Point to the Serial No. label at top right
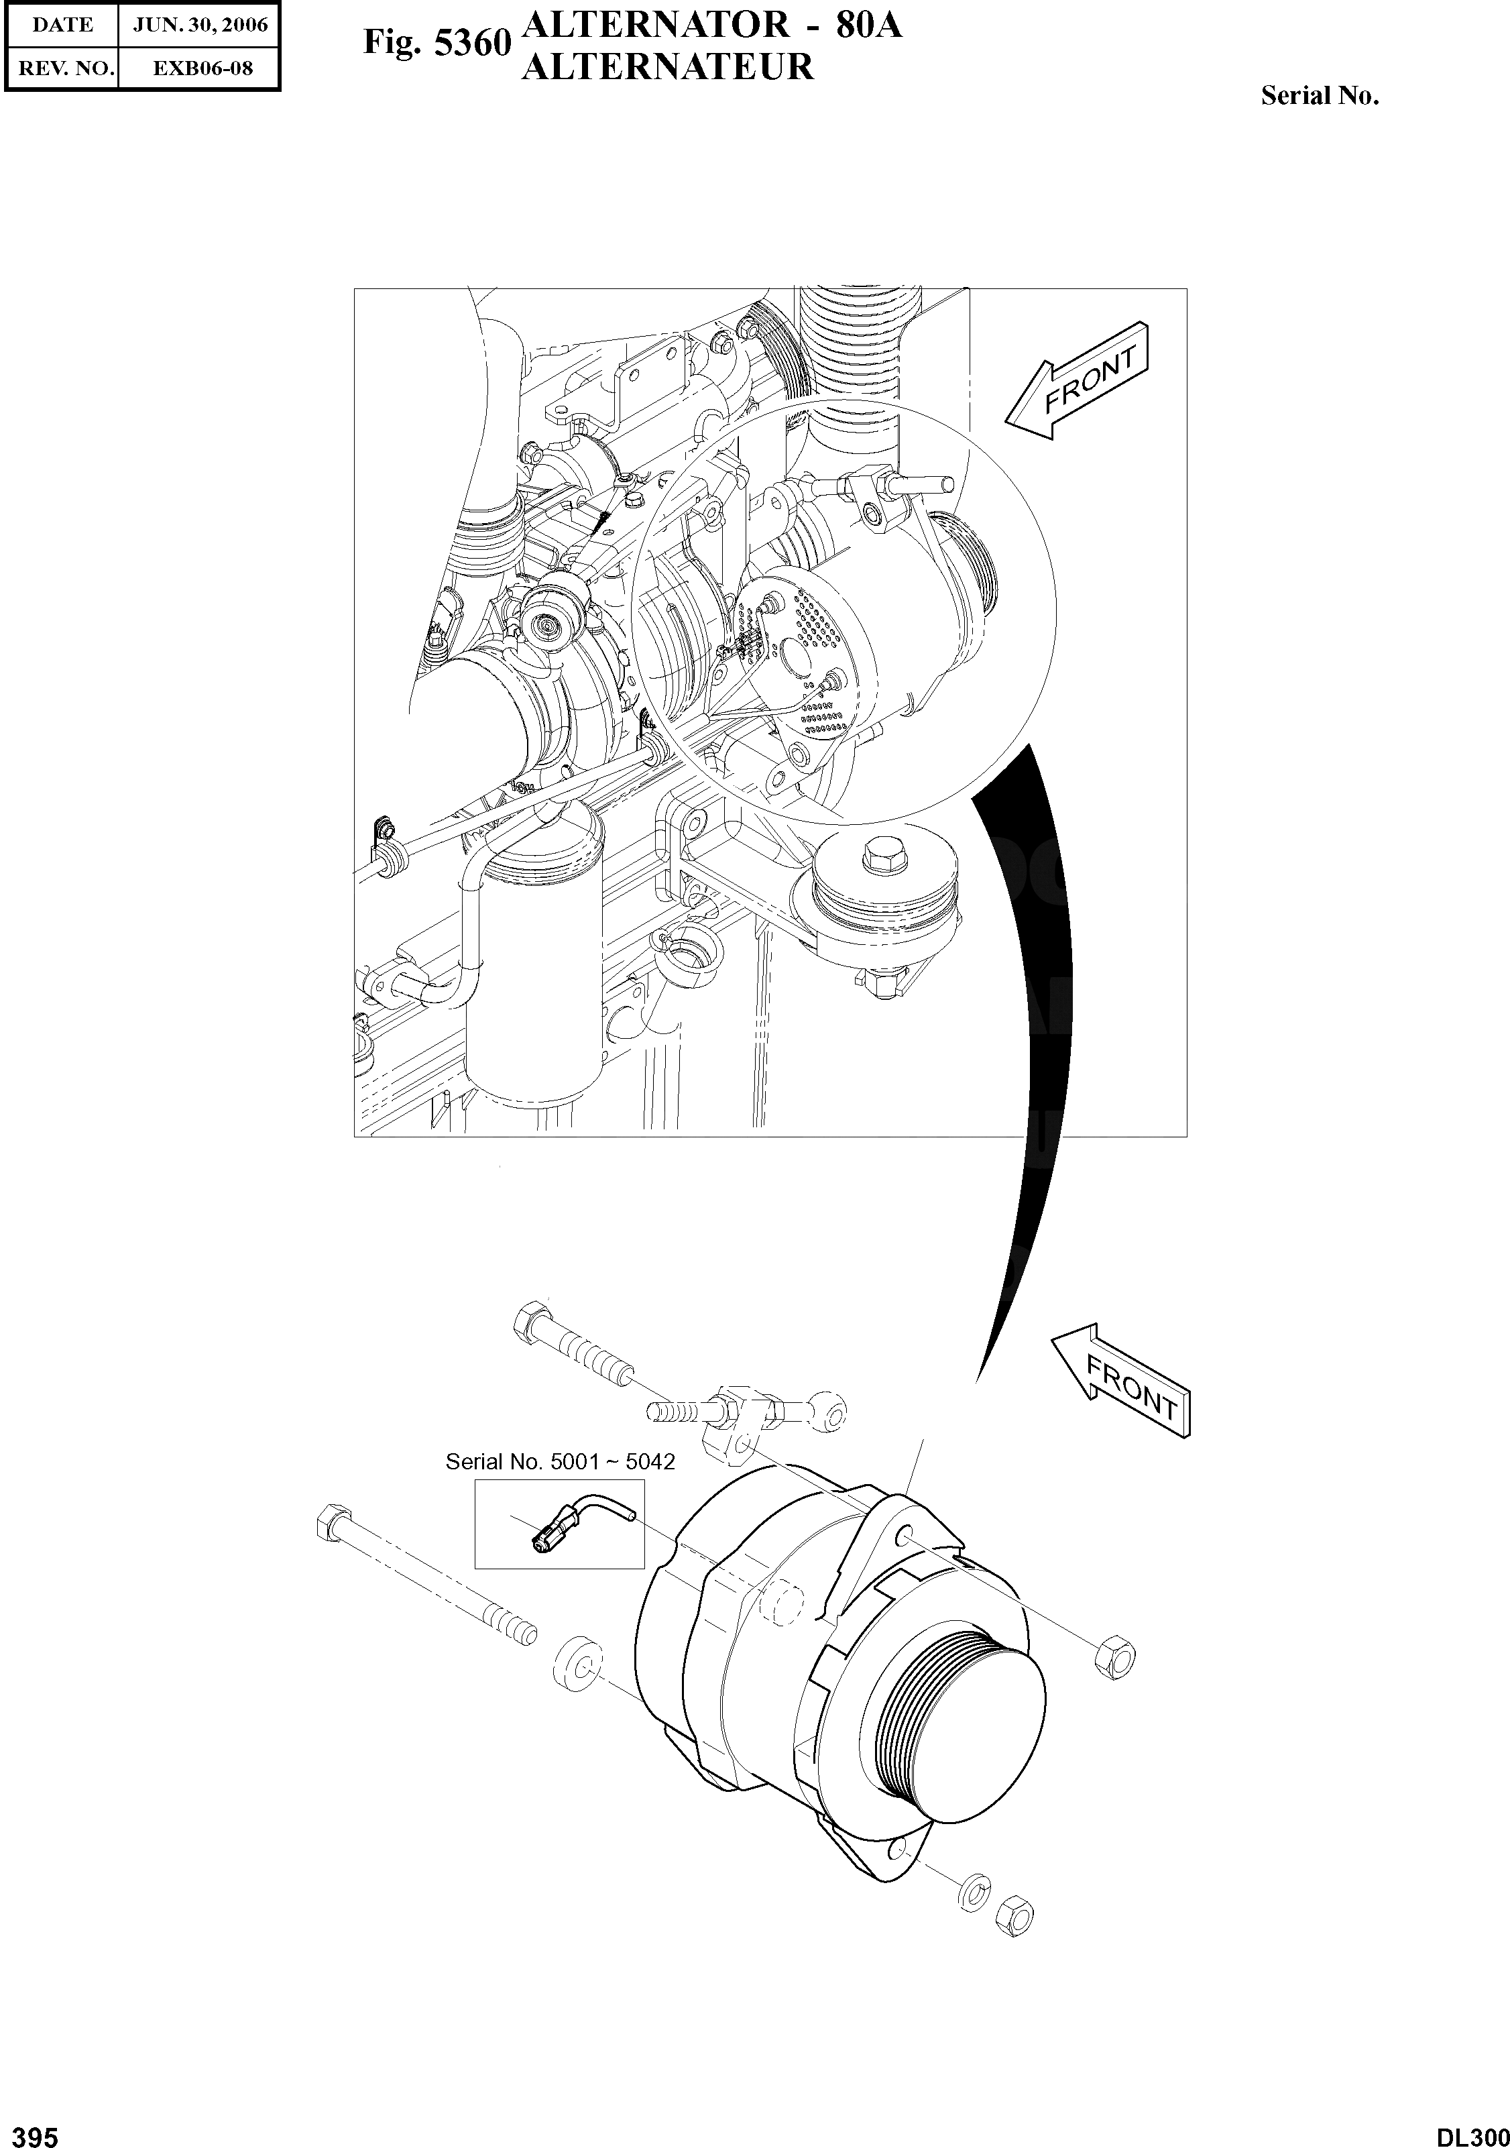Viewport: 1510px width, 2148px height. pos(1319,95)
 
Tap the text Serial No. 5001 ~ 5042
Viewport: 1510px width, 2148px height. pos(559,1461)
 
